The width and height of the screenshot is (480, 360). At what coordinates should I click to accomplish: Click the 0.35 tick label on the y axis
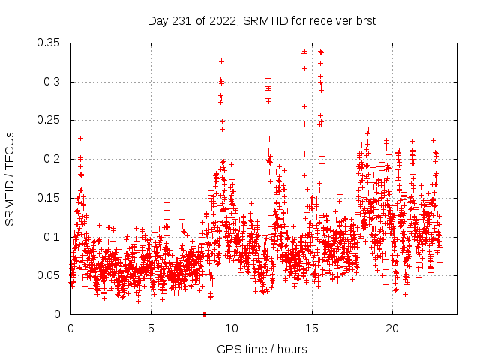pos(51,43)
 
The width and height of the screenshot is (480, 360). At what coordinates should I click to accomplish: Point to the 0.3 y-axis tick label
pos(54,82)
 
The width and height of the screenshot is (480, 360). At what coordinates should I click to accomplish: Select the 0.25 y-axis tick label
pos(51,120)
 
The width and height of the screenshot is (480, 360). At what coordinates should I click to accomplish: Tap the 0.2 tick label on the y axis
pos(54,159)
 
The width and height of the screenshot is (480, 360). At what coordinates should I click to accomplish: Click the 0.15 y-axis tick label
pos(51,198)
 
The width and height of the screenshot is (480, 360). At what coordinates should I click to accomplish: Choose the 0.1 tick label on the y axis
pos(54,236)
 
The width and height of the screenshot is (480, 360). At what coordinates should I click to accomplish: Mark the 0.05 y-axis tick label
pos(51,275)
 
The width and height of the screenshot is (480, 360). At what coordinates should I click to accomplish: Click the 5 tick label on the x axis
pos(151,328)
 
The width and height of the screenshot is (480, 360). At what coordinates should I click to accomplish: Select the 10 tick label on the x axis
pos(232,328)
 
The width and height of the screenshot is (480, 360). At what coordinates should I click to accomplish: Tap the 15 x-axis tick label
pos(312,328)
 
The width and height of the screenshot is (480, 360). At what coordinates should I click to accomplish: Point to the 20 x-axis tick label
pos(392,328)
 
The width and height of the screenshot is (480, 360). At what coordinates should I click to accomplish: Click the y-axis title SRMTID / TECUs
pos(10,178)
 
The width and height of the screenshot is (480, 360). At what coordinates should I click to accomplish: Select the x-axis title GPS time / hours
pos(262,349)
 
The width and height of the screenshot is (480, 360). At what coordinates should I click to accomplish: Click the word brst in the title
pos(364,19)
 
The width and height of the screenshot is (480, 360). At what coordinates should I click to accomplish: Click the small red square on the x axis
pos(204,314)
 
